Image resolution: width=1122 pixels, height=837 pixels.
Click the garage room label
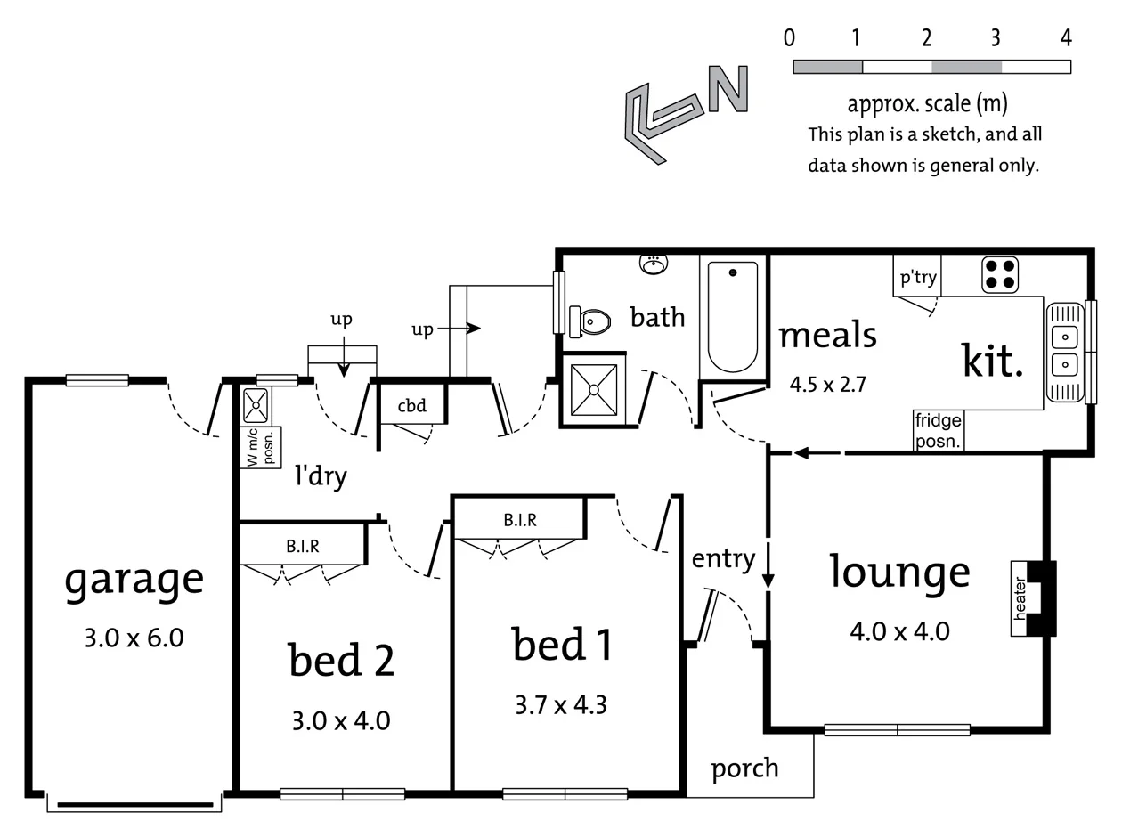(134, 581)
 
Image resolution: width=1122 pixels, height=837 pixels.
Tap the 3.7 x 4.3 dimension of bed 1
(561, 705)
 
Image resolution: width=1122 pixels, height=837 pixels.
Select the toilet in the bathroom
(591, 321)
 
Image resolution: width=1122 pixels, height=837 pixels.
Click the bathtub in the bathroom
(733, 317)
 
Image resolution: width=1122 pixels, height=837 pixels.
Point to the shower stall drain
(593, 389)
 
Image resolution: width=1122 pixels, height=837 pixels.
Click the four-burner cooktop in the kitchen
(1000, 274)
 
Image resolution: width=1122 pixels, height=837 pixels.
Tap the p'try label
(917, 277)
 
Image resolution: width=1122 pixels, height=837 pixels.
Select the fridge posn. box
(938, 430)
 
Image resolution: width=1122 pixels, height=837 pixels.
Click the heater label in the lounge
(1020, 598)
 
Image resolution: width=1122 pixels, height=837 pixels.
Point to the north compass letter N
(728, 89)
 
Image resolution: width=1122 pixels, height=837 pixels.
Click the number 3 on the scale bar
(996, 37)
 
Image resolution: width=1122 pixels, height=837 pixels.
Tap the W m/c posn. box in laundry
(261, 447)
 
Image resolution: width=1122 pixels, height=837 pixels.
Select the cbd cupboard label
(411, 406)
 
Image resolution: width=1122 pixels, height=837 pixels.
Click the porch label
(744, 768)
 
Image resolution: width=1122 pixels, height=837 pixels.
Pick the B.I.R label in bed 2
(303, 546)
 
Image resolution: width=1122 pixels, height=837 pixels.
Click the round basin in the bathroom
(654, 264)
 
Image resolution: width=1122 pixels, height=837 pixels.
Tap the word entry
(723, 559)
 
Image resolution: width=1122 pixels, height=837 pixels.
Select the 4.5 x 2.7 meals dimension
(827, 385)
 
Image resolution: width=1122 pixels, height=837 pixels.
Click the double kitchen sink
(1065, 351)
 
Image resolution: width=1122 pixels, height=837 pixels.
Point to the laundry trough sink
(256, 405)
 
